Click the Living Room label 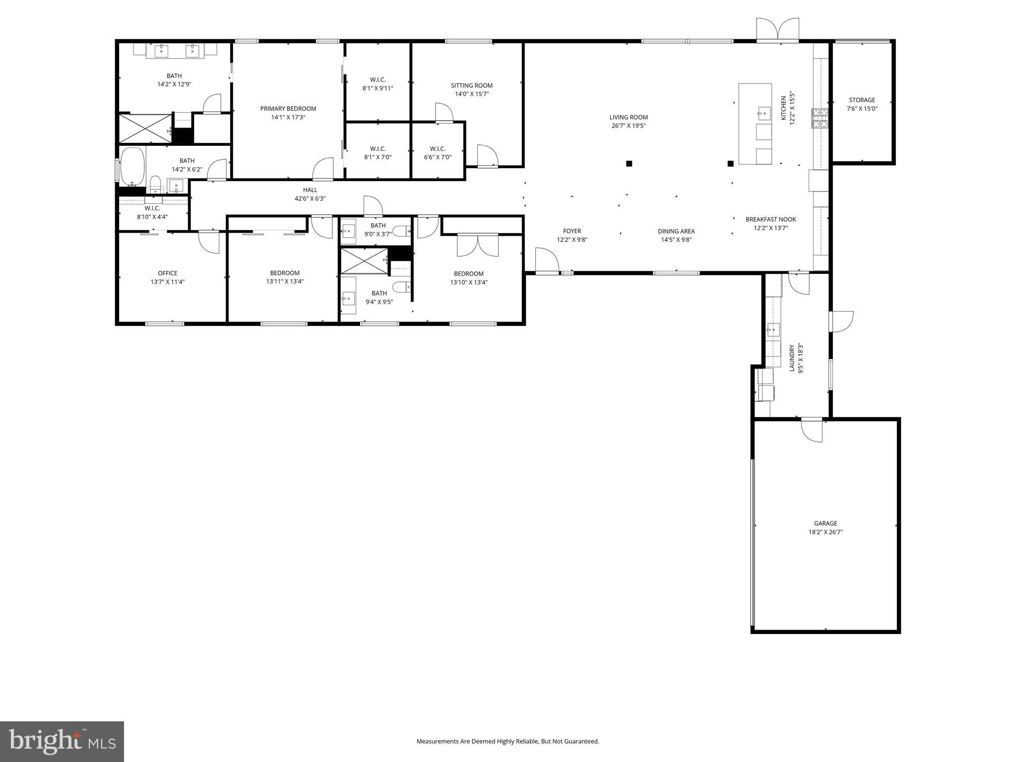(628, 118)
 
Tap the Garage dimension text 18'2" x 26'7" (825, 532)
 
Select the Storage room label (862, 100)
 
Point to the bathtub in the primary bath (132, 165)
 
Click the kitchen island (755, 124)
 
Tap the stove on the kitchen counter (820, 118)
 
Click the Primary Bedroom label (288, 109)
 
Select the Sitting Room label (471, 86)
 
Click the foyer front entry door (547, 261)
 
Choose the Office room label (168, 273)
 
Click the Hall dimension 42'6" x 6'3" (310, 199)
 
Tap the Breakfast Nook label (770, 219)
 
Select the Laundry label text (792, 358)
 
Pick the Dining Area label (676, 231)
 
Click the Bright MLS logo (62, 741)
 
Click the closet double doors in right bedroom (477, 245)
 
